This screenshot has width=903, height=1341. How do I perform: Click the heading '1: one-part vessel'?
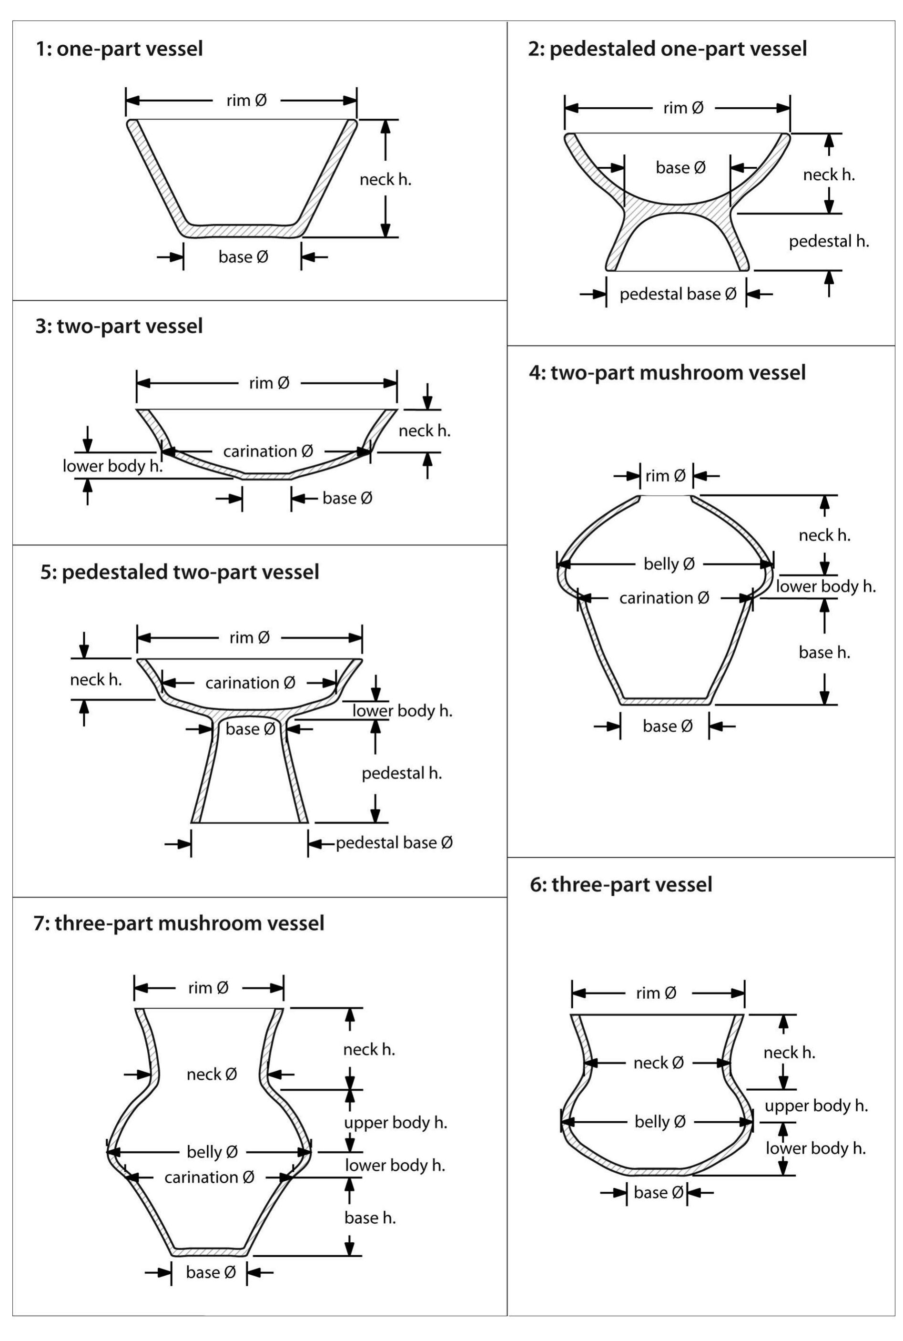pyautogui.click(x=119, y=49)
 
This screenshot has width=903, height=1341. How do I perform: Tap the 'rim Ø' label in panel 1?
pyautogui.click(x=246, y=101)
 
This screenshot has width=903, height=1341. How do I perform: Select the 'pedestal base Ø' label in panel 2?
pyautogui.click(x=678, y=294)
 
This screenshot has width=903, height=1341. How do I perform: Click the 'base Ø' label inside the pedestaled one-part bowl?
pyautogui.click(x=680, y=168)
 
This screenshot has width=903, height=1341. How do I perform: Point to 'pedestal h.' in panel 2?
pyautogui.click(x=828, y=241)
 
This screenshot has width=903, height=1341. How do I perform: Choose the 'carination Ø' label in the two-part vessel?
pyautogui.click(x=268, y=451)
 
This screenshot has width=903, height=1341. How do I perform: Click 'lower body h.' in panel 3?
pyautogui.click(x=112, y=466)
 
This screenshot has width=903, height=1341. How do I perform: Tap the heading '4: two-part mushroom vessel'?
pyautogui.click(x=667, y=373)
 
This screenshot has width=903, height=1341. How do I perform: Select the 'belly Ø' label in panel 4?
pyautogui.click(x=669, y=564)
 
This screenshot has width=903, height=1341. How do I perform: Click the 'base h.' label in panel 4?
pyautogui.click(x=824, y=652)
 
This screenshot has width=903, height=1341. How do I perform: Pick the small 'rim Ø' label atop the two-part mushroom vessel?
pyautogui.click(x=665, y=476)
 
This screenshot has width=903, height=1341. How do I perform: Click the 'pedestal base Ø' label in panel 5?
pyautogui.click(x=394, y=843)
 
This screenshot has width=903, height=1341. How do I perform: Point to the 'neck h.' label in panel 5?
pyautogui.click(x=96, y=680)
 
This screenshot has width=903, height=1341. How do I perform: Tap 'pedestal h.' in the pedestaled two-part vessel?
pyautogui.click(x=401, y=773)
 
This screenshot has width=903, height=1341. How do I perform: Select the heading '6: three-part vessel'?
pyautogui.click(x=621, y=884)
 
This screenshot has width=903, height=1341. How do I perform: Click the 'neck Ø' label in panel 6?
pyautogui.click(x=658, y=1063)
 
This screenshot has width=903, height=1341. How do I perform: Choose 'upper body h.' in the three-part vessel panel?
pyautogui.click(x=815, y=1106)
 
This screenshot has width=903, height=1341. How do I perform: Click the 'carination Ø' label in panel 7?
pyautogui.click(x=209, y=1177)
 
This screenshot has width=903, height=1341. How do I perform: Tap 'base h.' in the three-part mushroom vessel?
pyautogui.click(x=370, y=1217)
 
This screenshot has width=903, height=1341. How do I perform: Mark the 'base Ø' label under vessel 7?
pyautogui.click(x=211, y=1272)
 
